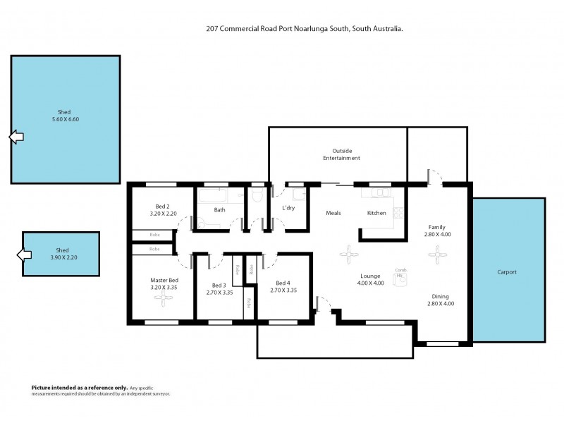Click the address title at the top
pyautogui.click(x=302, y=30)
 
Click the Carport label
pyautogui.click(x=507, y=271)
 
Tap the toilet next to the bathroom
pyautogui.click(x=257, y=195)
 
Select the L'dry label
pyautogui.click(x=288, y=209)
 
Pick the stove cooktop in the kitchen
pyautogui.click(x=398, y=211)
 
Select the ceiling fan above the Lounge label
pyautogui.click(x=349, y=254)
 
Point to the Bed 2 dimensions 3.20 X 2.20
pyautogui.click(x=163, y=213)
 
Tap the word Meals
pyautogui.click(x=333, y=213)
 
